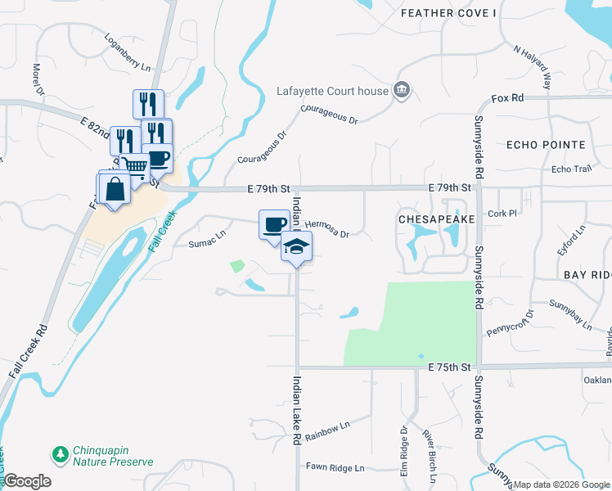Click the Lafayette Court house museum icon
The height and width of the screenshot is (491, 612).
(401, 90)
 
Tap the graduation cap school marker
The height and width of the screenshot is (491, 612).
(296, 246)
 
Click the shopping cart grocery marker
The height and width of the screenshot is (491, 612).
(135, 168)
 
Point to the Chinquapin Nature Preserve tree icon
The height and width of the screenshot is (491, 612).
(60, 454)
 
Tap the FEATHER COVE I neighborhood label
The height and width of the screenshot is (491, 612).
(448, 13)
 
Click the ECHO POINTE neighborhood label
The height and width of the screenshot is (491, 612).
(546, 145)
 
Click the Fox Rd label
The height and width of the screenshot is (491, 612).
(507, 98)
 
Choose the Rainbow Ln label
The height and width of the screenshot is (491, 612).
(327, 431)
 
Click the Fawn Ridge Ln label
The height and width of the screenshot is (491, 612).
(335, 468)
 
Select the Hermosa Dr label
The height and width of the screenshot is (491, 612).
(327, 229)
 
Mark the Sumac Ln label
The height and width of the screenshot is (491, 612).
(206, 241)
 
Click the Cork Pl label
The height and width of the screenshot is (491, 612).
(525, 213)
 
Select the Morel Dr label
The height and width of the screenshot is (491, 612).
(37, 79)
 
